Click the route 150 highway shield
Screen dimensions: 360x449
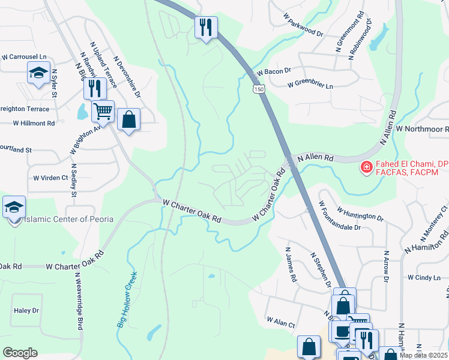[x=258, y=89]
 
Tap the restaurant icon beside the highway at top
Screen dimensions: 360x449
[x=206, y=27]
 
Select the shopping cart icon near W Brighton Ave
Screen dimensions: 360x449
[x=103, y=112]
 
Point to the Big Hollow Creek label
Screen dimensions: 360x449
[x=127, y=299]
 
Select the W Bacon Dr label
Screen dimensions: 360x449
[x=274, y=71]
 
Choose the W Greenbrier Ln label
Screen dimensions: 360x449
[x=310, y=86]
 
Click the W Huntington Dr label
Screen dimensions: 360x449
[x=360, y=213]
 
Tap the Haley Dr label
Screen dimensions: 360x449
[x=26, y=310]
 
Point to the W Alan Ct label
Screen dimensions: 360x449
[x=281, y=323]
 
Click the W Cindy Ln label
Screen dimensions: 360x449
[x=424, y=278]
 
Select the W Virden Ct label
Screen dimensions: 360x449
[x=51, y=178]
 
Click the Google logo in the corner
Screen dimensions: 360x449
[x=20, y=353]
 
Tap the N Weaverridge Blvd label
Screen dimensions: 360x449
[x=79, y=300]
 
